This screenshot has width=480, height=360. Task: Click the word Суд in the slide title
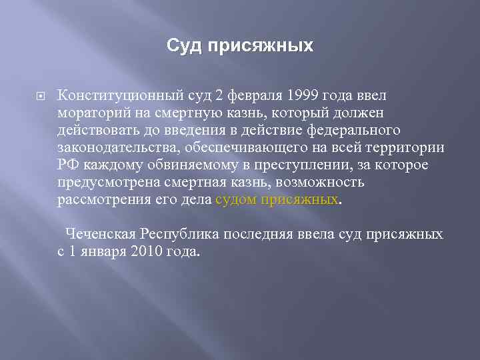(182, 46)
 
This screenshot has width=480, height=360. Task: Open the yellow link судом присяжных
(278, 199)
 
